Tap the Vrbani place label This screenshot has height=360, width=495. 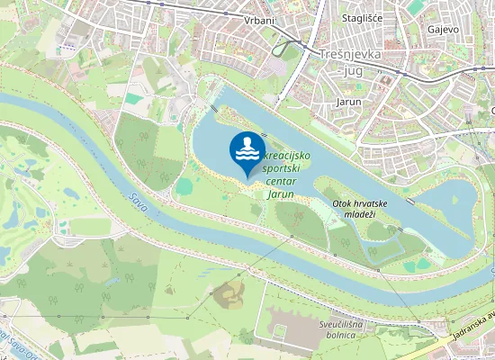click(x=258, y=20)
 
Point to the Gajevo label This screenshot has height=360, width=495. click(x=443, y=30)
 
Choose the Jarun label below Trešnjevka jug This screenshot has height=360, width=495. click(x=347, y=102)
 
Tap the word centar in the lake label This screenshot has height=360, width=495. click(x=282, y=180)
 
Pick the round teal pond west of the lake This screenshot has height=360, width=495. click(x=184, y=186)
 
